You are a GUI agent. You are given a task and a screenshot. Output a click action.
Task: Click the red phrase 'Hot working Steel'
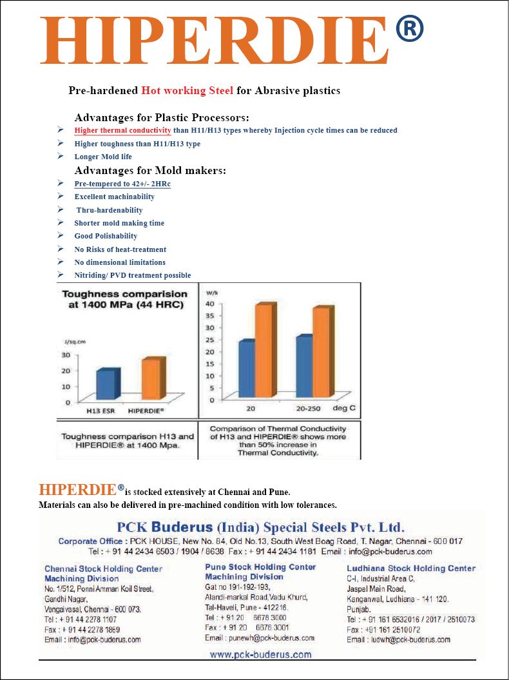click(x=187, y=90)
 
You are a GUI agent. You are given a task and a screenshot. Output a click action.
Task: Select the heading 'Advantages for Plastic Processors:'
click(x=162, y=118)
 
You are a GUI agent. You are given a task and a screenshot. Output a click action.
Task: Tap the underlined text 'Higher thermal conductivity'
click(x=122, y=130)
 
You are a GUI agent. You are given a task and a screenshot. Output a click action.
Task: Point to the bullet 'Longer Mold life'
click(x=103, y=157)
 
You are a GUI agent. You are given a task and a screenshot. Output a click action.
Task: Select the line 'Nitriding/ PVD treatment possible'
click(x=133, y=275)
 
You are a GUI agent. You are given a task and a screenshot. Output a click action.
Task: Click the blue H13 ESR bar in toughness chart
click(x=108, y=384)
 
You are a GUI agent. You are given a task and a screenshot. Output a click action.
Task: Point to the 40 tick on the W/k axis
click(x=209, y=303)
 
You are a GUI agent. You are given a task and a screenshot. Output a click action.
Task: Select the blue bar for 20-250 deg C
click(x=303, y=366)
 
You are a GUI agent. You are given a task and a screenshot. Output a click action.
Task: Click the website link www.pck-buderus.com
click(x=260, y=654)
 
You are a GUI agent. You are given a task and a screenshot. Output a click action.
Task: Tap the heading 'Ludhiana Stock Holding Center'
click(x=411, y=568)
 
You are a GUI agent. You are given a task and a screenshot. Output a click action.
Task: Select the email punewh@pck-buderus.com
click(x=260, y=638)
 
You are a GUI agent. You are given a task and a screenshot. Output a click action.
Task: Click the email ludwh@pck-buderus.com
click(x=399, y=639)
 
